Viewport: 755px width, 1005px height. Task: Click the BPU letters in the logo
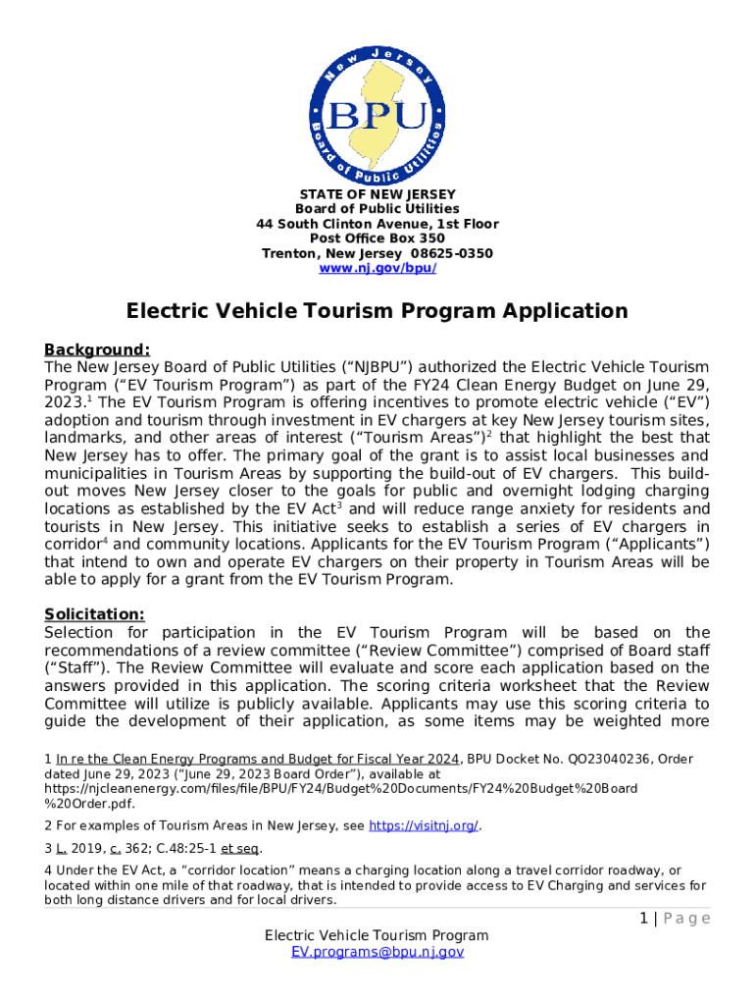tap(377, 115)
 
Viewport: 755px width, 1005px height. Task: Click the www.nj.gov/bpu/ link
tap(377, 268)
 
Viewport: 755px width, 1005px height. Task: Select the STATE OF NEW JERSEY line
tap(377, 194)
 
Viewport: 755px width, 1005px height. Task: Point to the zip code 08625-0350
tap(451, 253)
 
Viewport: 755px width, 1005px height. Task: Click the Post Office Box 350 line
tap(377, 238)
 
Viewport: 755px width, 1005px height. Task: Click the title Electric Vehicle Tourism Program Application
tap(377, 311)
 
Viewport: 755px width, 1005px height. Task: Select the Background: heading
tap(97, 349)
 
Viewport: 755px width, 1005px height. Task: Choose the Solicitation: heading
tap(94, 614)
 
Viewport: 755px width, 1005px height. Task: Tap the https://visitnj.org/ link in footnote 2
tap(423, 825)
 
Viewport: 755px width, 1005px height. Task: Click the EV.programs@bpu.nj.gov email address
tap(377, 951)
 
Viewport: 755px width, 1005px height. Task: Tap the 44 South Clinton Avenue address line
tap(377, 224)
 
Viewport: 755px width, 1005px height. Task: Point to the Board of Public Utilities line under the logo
tap(377, 209)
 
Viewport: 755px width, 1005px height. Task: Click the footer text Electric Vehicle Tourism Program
tap(377, 935)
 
